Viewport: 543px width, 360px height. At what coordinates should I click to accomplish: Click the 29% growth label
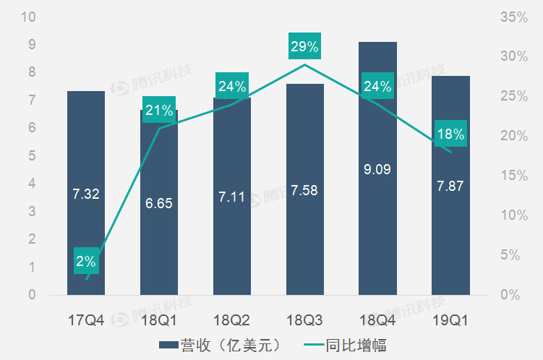pyautogui.click(x=304, y=47)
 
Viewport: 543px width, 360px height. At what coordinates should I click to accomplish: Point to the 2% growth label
pyautogui.click(x=86, y=261)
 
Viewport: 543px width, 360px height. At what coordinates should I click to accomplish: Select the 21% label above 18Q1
pyautogui.click(x=158, y=111)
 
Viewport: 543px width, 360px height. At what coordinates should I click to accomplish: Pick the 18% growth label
pyautogui.click(x=450, y=134)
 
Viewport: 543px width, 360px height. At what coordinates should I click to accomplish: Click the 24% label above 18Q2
pyautogui.click(x=232, y=87)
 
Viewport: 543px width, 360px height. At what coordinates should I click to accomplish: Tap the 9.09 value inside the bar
pyautogui.click(x=377, y=171)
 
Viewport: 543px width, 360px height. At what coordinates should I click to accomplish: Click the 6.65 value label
pyautogui.click(x=158, y=204)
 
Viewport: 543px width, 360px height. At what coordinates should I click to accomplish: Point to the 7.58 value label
pyautogui.click(x=304, y=191)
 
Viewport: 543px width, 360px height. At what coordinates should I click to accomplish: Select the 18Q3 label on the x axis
pyautogui.click(x=304, y=319)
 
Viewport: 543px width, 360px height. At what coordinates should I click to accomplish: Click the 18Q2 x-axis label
pyautogui.click(x=232, y=319)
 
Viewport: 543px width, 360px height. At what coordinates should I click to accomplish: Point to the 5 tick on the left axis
pyautogui.click(x=32, y=156)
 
